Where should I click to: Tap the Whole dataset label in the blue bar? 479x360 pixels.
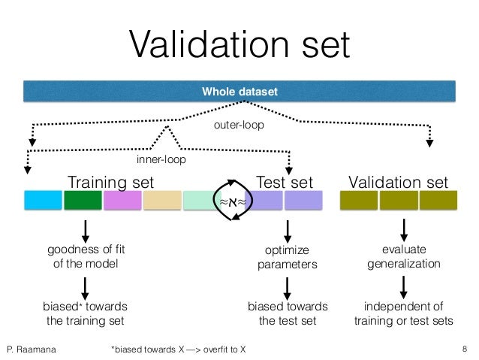pyautogui.click(x=239, y=92)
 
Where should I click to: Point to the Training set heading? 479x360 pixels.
pyautogui.click(x=110, y=183)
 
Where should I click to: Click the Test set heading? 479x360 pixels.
pyautogui.click(x=285, y=183)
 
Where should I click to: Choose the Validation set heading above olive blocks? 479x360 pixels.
pyautogui.click(x=399, y=183)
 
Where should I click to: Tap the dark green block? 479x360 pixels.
pyautogui.click(x=82, y=200)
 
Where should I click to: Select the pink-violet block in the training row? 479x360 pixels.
pyautogui.click(x=122, y=200)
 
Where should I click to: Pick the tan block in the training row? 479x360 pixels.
pyautogui.click(x=161, y=200)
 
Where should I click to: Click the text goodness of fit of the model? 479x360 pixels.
pyautogui.click(x=85, y=257)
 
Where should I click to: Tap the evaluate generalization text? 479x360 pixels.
pyautogui.click(x=404, y=257)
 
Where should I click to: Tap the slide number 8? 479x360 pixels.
pyautogui.click(x=465, y=349)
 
